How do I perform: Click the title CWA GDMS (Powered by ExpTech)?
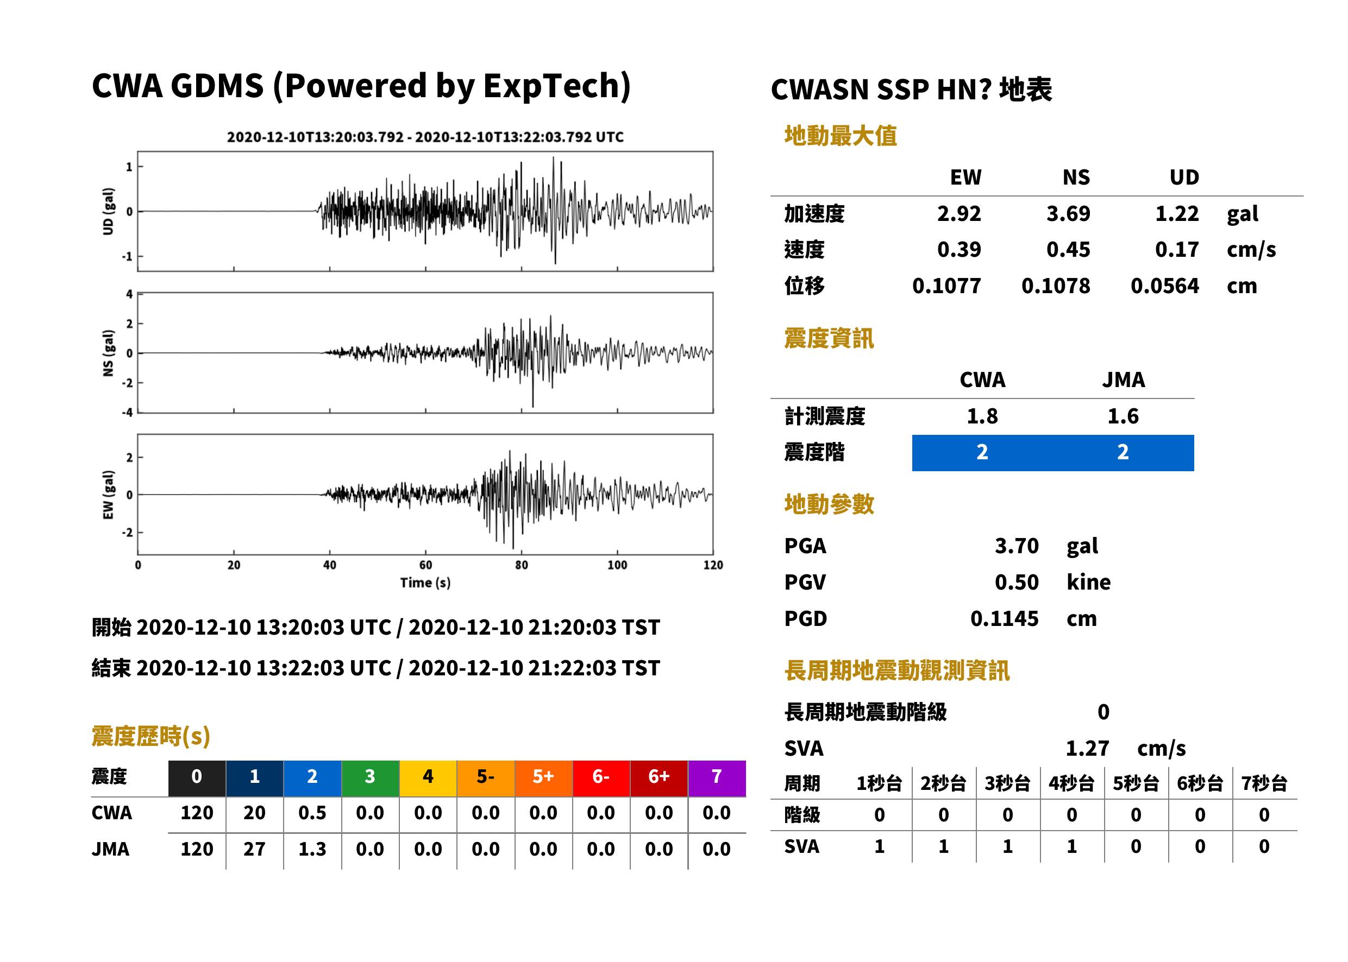pos(361,86)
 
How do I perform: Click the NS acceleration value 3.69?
pos(1068,213)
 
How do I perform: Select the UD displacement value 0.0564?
pos(1164,286)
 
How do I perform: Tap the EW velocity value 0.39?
pos(958,249)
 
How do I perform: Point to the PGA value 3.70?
pos(1016,546)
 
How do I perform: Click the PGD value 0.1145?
pos(1004,618)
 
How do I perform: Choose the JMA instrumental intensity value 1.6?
pos(1123,416)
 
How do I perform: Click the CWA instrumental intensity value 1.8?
pos(982,416)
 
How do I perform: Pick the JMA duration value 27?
pos(254,849)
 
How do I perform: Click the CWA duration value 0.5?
pos(312,813)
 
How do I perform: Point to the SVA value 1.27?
pos(1087,748)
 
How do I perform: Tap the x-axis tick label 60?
pos(425,565)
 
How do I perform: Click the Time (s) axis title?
pos(425,583)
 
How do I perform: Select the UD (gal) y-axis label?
pos(108,212)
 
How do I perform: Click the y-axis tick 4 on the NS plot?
pos(129,294)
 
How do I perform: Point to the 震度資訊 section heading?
pos(829,338)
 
